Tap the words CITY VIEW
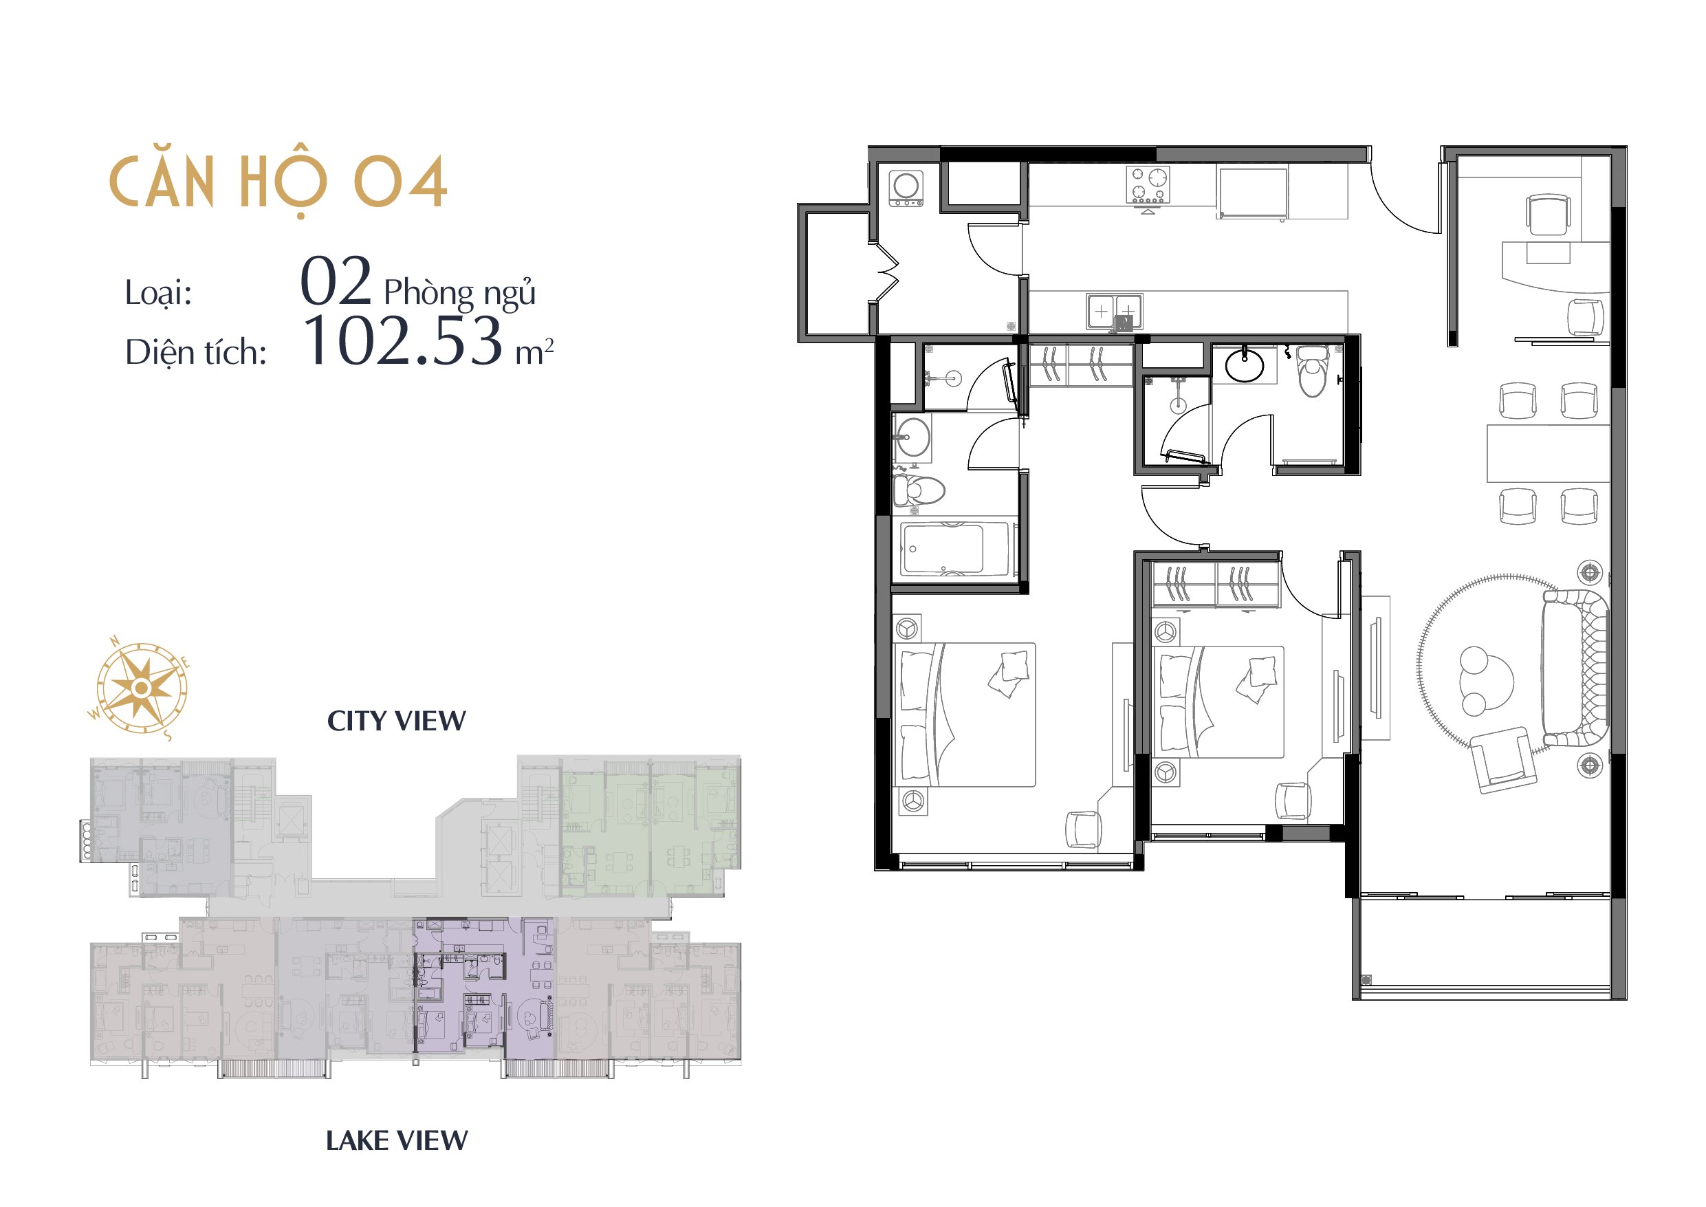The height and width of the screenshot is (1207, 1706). (x=397, y=721)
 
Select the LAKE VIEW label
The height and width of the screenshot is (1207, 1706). (x=397, y=1141)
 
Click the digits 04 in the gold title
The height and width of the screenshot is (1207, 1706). (x=400, y=182)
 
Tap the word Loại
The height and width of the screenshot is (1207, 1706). (x=158, y=293)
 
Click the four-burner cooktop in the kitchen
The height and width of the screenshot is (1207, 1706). (x=1147, y=184)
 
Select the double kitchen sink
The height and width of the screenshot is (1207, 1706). (x=1115, y=312)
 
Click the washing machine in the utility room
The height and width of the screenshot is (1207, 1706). (x=906, y=188)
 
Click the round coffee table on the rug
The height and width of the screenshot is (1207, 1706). (x=1485, y=681)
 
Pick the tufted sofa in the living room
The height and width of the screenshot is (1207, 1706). (x=1574, y=667)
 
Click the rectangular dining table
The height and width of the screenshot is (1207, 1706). (x=1548, y=453)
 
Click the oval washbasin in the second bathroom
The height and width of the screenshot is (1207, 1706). (x=1244, y=366)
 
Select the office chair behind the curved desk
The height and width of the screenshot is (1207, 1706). (x=1548, y=215)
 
